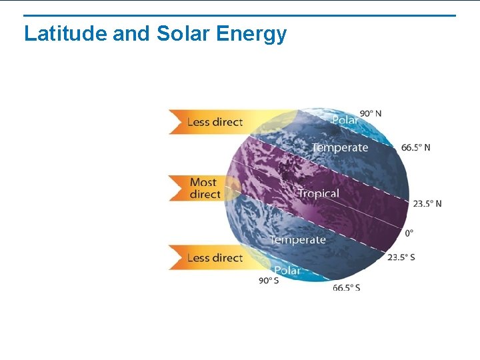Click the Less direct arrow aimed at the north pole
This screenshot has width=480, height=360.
[x=213, y=122]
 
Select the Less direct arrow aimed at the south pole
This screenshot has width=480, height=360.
[x=213, y=258]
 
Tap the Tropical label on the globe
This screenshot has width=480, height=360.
[x=318, y=193]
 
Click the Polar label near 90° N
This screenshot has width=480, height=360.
[x=345, y=120]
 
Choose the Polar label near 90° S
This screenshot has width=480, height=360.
[x=287, y=271]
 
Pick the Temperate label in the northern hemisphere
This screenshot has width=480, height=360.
[x=339, y=147]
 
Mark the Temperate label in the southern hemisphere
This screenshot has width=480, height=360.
[x=297, y=239]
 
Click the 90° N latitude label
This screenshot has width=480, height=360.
[x=371, y=113]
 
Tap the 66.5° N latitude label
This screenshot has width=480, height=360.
[x=416, y=147]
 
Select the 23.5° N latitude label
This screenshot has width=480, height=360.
[x=427, y=203]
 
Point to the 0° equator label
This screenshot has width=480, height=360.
[x=409, y=233]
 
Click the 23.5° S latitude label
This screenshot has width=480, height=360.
[x=401, y=257]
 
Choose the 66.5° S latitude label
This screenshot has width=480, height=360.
[x=346, y=287]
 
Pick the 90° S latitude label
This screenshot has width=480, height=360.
[x=269, y=281]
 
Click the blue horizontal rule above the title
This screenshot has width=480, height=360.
[x=240, y=15]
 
